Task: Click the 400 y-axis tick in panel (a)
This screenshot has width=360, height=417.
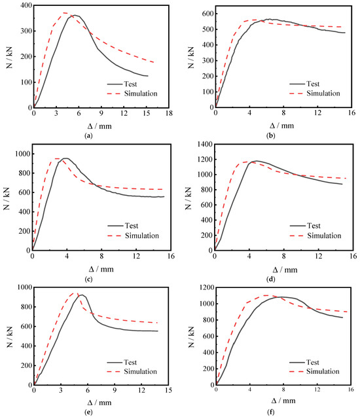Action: pyautogui.click(x=26, y=5)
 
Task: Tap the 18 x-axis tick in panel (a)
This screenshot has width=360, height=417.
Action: pyautogui.click(x=169, y=113)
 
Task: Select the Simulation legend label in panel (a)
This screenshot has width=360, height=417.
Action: pyautogui.click(x=141, y=94)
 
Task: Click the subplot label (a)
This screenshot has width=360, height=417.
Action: pyautogui.click(x=88, y=136)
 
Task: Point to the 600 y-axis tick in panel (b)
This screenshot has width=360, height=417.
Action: pyautogui.click(x=208, y=14)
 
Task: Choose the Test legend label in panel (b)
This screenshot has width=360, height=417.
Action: pyautogui.click(x=313, y=84)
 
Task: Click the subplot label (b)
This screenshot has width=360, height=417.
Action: pyautogui.click(x=271, y=136)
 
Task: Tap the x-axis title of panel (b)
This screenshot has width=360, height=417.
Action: pyautogui.click(x=282, y=126)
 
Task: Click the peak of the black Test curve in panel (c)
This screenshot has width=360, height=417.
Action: pyautogui.click(x=65, y=158)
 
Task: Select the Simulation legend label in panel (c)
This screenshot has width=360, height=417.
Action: pyautogui.click(x=142, y=236)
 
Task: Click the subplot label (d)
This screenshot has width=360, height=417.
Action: pyautogui.click(x=271, y=280)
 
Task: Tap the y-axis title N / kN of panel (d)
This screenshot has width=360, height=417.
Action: pyautogui.click(x=189, y=198)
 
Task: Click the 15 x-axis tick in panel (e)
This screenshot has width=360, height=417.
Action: pyautogui.click(x=168, y=390)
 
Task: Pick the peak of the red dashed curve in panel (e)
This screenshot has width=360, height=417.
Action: pyautogui.click(x=75, y=293)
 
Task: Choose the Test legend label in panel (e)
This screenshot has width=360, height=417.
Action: pyautogui.click(x=130, y=362)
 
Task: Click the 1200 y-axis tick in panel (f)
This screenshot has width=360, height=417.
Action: pyautogui.click(x=206, y=287)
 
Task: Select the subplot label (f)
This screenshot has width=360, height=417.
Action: pyautogui.click(x=271, y=412)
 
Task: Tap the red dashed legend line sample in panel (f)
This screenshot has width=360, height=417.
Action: pyautogui.click(x=297, y=372)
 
